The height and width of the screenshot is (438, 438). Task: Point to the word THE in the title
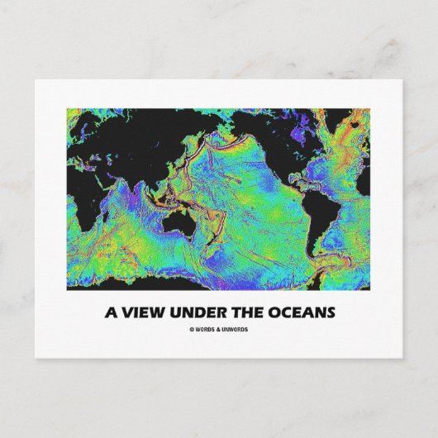tap(255, 313)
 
